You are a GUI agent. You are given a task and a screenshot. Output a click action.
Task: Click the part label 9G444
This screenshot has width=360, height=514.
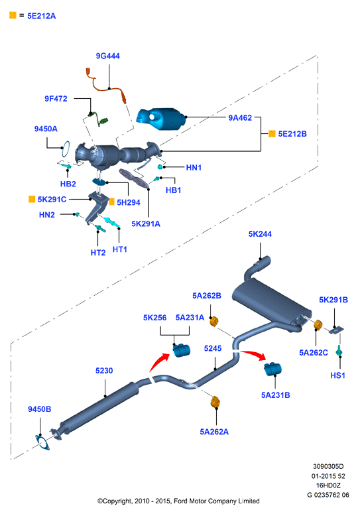tap(107, 56)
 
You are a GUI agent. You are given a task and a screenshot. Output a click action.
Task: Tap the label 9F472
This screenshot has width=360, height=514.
tap(56, 99)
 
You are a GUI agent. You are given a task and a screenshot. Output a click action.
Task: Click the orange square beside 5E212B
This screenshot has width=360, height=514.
tap(272, 133)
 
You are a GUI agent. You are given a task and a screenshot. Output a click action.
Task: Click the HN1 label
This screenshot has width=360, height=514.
tap(194, 168)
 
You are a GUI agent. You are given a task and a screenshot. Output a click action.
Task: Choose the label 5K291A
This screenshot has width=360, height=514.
tap(146, 224)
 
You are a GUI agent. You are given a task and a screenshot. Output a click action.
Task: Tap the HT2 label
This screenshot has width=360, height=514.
tap(98, 253)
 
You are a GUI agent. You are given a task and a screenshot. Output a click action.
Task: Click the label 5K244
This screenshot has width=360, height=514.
tap(260, 233)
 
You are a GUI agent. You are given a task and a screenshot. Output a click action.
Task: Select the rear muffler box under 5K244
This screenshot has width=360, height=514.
tap(270, 300)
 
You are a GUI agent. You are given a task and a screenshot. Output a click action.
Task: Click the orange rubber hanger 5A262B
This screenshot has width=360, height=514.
tap(214, 321)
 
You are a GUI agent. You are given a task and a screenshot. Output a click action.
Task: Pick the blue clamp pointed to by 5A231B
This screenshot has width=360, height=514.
tap(273, 369)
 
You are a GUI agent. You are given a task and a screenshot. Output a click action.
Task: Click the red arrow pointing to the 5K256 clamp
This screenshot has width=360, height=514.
tap(160, 362)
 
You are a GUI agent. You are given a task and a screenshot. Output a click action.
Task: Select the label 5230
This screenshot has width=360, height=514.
tap(104, 371)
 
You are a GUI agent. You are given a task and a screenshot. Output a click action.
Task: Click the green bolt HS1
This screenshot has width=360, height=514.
tap(339, 351)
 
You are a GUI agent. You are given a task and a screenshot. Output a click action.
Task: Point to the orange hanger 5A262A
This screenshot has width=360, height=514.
tap(215, 402)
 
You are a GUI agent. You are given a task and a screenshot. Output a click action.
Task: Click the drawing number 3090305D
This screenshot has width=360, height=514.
tap(328, 466)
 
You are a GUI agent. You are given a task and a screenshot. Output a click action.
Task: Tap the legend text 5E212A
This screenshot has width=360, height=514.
tap(41, 16)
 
